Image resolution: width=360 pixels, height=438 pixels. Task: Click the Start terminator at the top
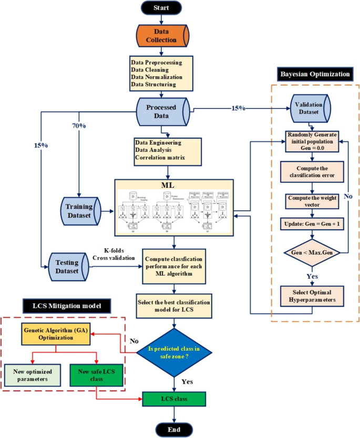(161, 8)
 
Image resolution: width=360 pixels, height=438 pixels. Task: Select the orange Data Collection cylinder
(161, 36)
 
